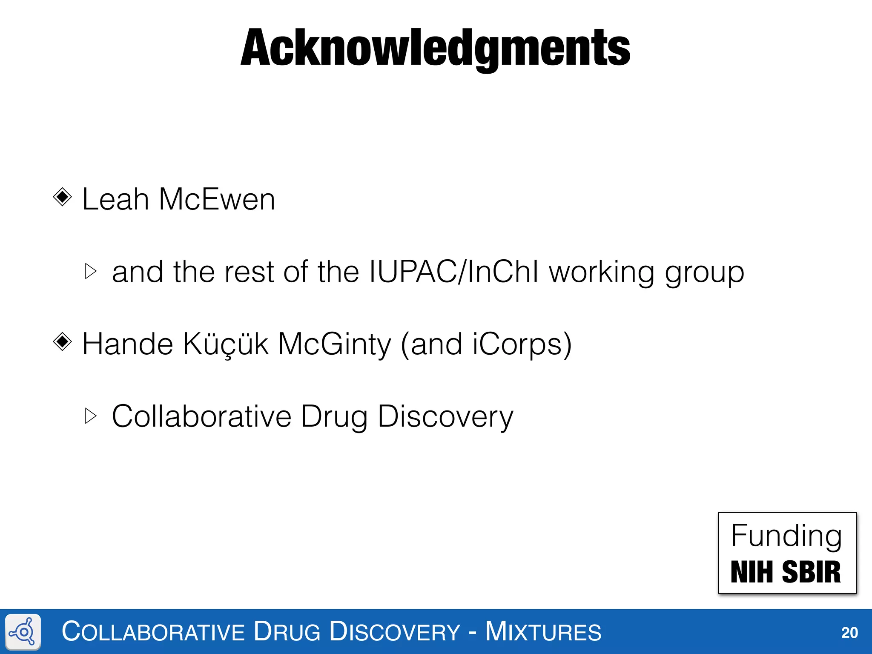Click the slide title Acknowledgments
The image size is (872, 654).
click(435, 48)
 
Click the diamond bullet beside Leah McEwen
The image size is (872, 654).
click(63, 197)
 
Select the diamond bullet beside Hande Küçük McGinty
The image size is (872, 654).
click(63, 341)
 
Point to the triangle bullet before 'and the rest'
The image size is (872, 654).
click(91, 271)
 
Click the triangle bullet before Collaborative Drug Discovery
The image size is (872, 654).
click(91, 416)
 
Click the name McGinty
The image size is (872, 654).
click(334, 345)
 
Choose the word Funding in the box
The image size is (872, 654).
click(786, 536)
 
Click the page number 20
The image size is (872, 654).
click(849, 633)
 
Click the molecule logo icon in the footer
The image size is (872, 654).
click(23, 632)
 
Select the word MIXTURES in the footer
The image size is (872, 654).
click(543, 632)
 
